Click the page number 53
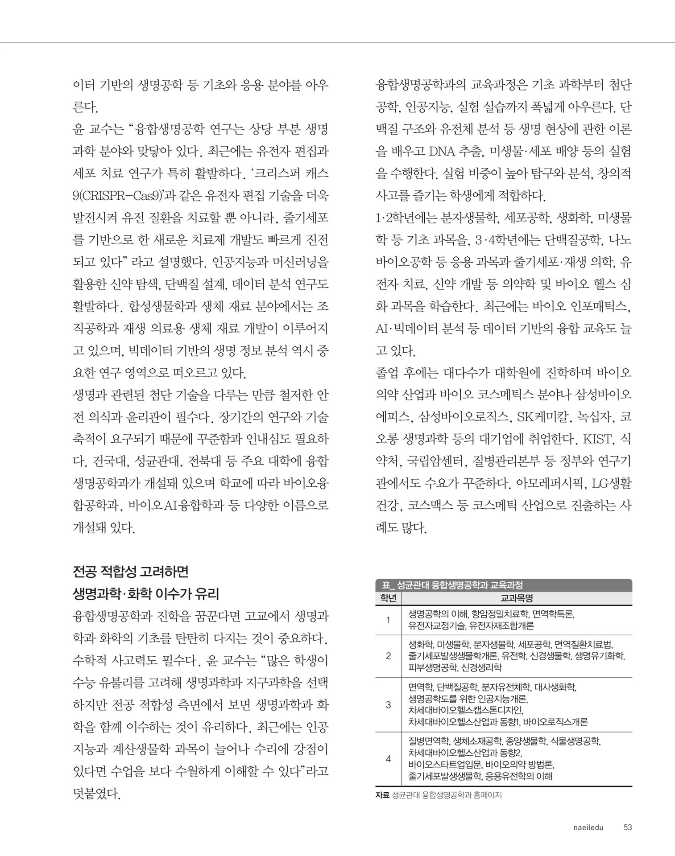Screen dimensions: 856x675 628,827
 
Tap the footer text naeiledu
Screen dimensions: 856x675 588,827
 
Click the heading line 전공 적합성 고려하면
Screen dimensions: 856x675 131,572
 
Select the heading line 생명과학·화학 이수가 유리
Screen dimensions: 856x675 146,594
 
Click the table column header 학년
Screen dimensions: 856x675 388,598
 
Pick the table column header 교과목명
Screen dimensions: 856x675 517,598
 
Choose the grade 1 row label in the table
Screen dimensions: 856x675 388,620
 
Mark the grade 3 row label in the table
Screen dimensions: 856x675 388,705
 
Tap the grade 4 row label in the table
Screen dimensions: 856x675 388,759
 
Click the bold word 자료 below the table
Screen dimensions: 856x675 382,795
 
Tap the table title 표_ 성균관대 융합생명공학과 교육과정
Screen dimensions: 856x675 452,585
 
